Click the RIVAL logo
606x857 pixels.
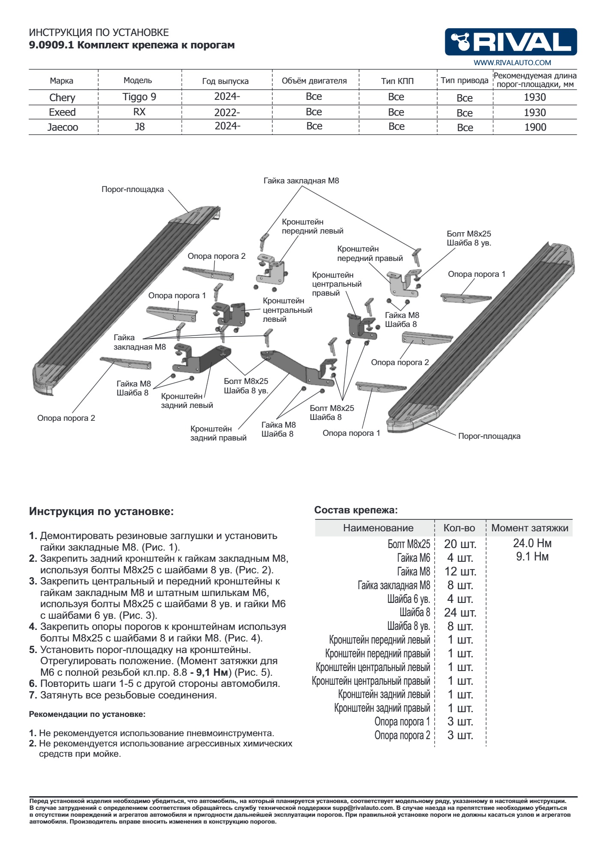pos(510,42)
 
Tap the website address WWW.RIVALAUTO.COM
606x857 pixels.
pos(512,63)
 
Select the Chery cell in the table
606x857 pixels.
pos(62,98)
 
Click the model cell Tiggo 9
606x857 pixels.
pos(139,97)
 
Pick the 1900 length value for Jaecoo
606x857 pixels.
pos(535,127)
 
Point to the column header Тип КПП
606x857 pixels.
pos(397,81)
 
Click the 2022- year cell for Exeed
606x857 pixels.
pos(227,113)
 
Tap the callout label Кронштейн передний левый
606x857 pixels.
pos(312,226)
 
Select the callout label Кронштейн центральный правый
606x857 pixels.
pos(336,284)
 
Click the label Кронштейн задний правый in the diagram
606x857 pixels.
pos(218,433)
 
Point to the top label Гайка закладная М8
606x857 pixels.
pos(301,181)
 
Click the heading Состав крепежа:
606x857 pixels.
pos(356,510)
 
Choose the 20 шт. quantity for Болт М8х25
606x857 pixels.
pos(460,544)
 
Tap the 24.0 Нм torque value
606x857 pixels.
pos(532,543)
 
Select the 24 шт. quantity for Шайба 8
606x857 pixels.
pos(460,612)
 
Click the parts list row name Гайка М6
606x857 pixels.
pos(413,558)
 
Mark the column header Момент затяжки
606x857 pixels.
pos(530,528)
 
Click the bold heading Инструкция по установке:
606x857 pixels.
pos(101,511)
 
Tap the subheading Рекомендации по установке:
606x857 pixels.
pos(87,714)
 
